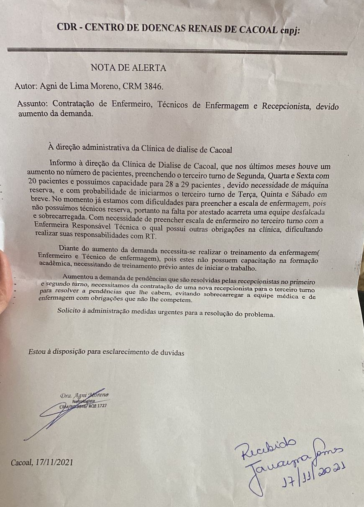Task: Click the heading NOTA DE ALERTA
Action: [128, 68]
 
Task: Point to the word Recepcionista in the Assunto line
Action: [285, 106]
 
